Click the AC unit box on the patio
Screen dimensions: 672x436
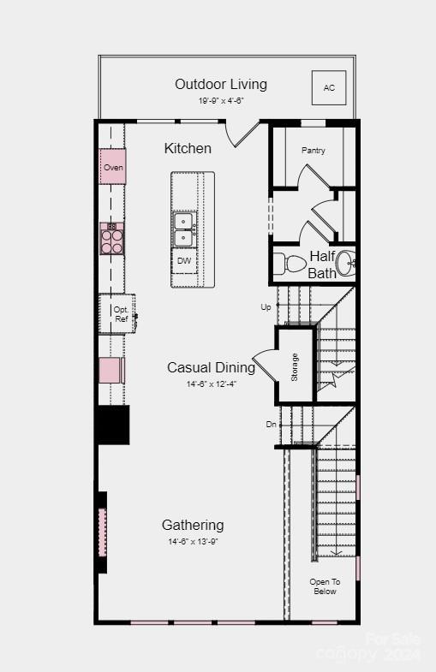coord(329,87)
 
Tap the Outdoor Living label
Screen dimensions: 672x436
coord(221,84)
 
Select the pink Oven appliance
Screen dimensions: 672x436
coord(113,167)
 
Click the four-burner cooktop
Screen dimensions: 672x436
coord(112,238)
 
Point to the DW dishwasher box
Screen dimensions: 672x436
coord(184,260)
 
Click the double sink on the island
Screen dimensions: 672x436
coord(184,229)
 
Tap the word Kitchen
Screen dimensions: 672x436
coord(188,148)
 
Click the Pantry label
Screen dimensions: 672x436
coord(313,151)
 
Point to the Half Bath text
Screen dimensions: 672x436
coord(322,265)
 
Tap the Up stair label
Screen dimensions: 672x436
coord(266,306)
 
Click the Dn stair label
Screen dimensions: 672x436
coord(271,424)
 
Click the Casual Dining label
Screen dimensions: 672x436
coord(211,367)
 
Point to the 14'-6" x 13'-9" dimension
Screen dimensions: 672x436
coord(193,542)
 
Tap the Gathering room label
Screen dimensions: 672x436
coord(193,525)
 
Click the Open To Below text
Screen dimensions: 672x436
coord(325,586)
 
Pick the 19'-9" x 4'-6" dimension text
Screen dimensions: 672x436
coord(221,100)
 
